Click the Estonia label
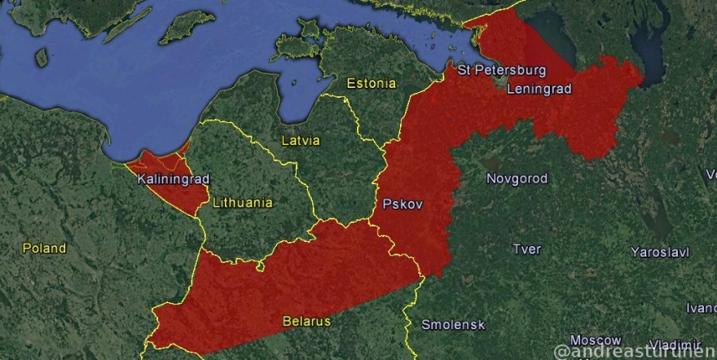click(371, 83)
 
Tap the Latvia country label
click(301, 140)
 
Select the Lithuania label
click(242, 203)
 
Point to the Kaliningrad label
click(173, 178)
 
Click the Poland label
click(44, 248)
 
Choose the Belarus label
click(306, 321)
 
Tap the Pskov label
click(402, 204)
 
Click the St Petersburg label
click(501, 70)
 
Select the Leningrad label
click(539, 89)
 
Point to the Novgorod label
click(517, 178)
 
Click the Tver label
click(526, 248)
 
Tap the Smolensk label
click(453, 324)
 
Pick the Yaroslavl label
click(659, 252)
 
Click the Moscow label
click(595, 340)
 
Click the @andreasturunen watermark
click(635, 351)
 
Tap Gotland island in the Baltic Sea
click(187, 27)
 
